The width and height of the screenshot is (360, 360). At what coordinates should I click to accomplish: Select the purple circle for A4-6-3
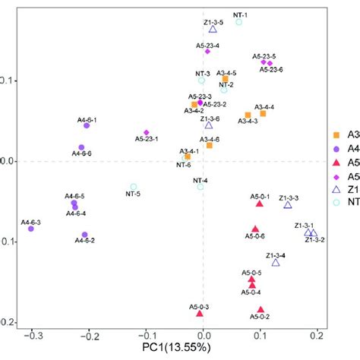point(31,228)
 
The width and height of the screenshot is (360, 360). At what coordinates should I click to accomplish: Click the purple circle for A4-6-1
point(87,125)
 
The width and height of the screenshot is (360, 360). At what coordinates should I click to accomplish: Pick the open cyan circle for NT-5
point(133,187)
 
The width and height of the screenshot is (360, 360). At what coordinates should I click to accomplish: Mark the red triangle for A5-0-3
point(200,313)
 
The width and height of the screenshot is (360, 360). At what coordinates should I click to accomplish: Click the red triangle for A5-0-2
point(261,309)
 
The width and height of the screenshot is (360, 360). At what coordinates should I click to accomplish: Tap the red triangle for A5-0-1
point(260,204)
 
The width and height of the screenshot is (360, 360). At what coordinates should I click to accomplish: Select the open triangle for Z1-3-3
point(288,205)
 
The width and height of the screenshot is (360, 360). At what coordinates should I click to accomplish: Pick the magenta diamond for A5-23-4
point(207,51)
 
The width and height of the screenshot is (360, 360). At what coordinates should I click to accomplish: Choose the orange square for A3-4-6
point(210,145)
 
